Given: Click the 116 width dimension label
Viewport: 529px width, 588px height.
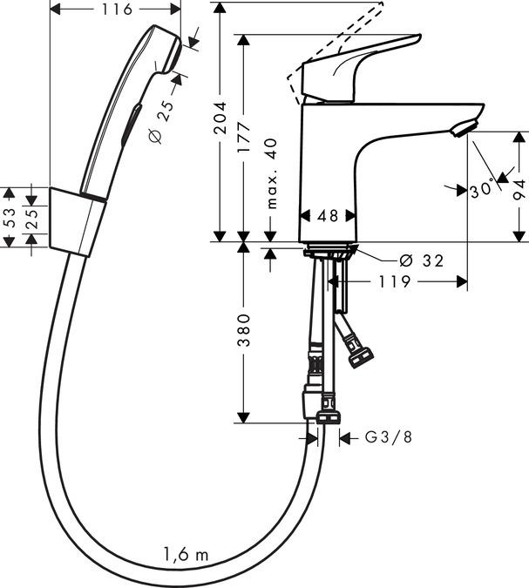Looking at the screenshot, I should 115,10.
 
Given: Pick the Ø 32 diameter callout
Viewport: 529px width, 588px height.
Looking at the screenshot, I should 421,259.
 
